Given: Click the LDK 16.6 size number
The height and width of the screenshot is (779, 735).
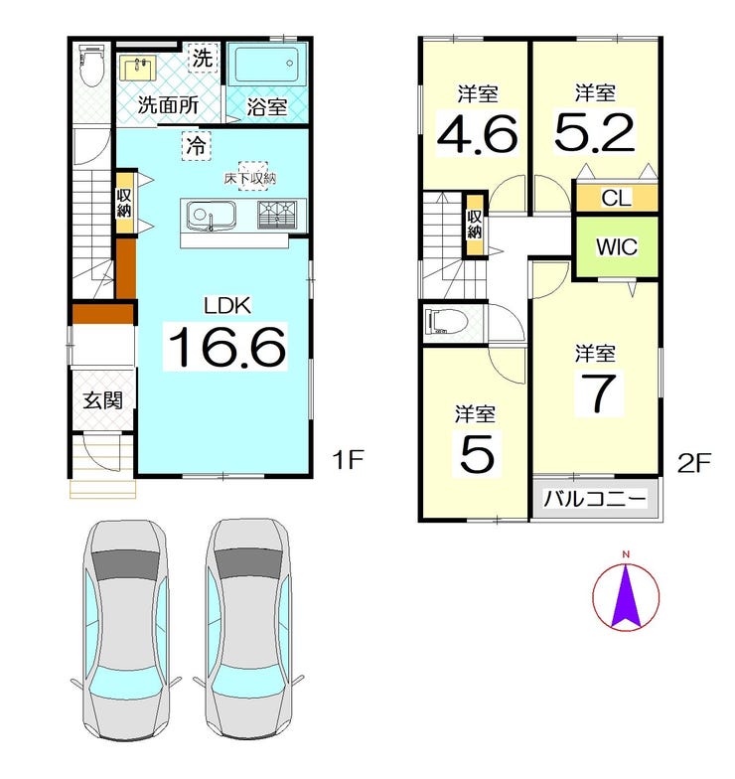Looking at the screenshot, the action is coord(226,346).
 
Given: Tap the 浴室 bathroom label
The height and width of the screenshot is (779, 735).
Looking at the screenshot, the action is coord(266,107).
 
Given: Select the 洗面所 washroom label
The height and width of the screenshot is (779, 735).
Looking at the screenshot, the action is coord(168,105).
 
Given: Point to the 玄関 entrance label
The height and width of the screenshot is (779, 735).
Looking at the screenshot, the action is coord(102,400).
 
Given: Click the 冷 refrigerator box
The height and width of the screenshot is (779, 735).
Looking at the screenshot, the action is coord(197,146).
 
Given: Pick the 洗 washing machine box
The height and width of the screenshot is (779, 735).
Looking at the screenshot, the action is coord(203,58).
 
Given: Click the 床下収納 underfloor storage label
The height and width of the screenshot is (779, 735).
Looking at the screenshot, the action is coord(250,179).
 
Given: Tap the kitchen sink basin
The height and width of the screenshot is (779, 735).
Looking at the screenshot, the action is coord(210,217).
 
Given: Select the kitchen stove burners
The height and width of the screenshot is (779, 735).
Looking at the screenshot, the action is coord(276,215).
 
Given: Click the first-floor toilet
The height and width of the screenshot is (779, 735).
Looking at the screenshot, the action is coord(90,66).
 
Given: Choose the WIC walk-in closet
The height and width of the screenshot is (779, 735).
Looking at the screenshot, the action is coord(617,246).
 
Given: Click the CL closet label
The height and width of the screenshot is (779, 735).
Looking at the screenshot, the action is coord(616,199).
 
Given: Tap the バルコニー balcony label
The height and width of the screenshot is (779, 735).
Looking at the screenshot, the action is coord(595,499).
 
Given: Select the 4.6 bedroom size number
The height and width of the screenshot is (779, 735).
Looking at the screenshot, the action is coord(477,133).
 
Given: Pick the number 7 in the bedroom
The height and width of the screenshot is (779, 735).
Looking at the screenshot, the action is coord(599,393).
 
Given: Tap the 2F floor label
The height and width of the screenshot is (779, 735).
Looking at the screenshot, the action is coord(694,463).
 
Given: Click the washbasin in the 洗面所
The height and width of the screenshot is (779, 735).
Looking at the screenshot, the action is coord(137,68).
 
